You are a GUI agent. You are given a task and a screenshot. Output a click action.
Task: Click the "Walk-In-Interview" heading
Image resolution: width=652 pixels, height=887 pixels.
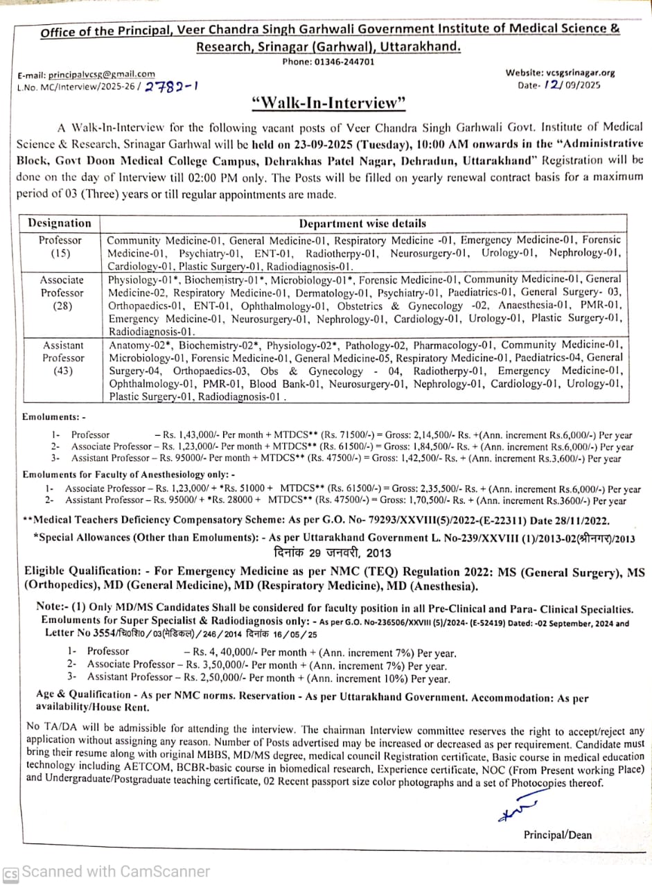point(328,103)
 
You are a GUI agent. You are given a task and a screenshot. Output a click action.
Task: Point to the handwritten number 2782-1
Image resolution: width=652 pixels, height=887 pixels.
point(173,87)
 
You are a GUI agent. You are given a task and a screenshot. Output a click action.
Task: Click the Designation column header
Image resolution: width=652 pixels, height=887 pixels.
point(60,223)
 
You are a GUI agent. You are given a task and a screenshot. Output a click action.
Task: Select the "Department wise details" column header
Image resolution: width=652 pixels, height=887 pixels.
point(362,223)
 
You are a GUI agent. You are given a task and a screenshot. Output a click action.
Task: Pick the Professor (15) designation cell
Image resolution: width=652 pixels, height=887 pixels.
point(60,247)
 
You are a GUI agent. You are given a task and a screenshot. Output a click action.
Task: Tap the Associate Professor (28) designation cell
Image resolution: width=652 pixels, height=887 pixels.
point(61,293)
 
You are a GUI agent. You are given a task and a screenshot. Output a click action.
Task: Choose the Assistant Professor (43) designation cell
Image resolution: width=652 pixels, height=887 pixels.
point(62,358)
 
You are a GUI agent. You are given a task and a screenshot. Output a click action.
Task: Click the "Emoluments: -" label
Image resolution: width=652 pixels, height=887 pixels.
point(54,417)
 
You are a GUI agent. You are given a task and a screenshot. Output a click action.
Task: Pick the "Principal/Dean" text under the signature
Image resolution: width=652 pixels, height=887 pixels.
point(558,835)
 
